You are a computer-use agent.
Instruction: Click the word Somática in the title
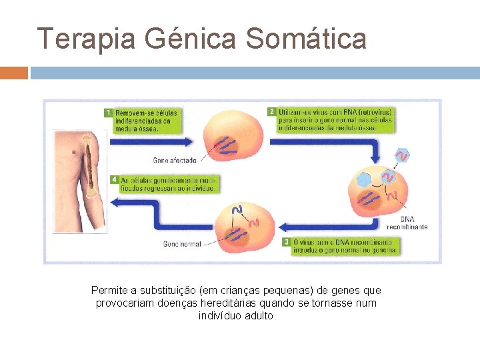click(306, 39)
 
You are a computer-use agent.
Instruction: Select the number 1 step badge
click(108, 113)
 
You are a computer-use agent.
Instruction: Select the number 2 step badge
click(272, 111)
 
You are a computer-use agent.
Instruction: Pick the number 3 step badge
click(286, 241)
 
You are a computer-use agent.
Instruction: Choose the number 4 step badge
click(115, 179)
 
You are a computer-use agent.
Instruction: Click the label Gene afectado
click(175, 160)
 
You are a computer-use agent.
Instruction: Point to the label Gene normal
click(182, 244)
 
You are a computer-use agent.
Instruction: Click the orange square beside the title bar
click(13, 73)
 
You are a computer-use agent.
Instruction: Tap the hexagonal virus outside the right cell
click(401, 155)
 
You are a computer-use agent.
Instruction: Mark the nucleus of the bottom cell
click(235, 233)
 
